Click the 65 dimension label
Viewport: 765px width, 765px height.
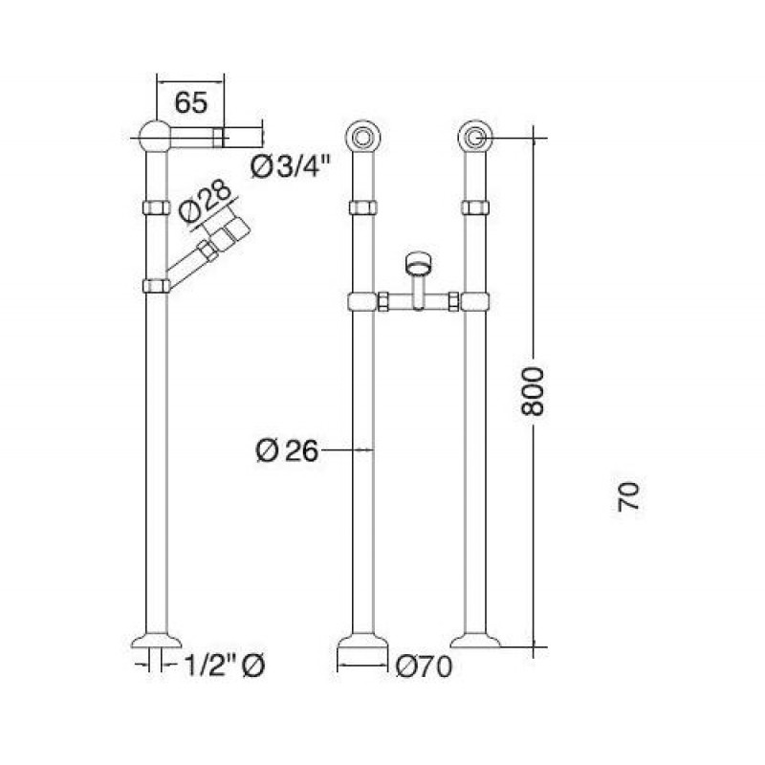pos(191,102)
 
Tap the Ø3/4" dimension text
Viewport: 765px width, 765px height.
pos(291,167)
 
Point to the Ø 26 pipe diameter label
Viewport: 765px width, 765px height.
pos(286,450)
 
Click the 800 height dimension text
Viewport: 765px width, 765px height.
pos(532,392)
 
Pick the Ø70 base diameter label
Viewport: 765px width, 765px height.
pos(424,667)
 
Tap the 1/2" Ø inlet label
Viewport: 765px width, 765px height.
pos(225,665)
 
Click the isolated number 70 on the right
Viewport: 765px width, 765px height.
pos(628,497)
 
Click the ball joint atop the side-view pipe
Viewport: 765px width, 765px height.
pos(155,136)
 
